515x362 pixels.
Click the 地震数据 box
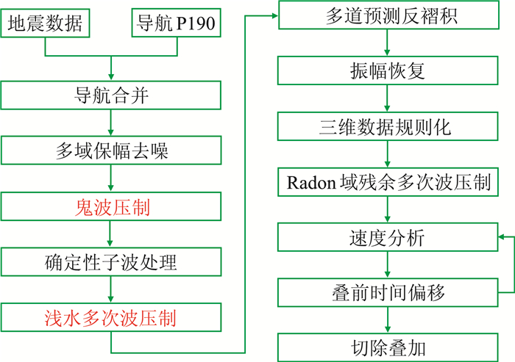point(45,24)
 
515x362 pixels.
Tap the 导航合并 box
point(111,95)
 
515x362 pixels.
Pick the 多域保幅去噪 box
point(111,151)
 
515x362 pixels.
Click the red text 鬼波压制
point(111,207)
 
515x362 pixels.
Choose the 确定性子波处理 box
point(111,262)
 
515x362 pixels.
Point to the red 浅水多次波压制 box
point(111,318)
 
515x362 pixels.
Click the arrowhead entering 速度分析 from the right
point(500,237)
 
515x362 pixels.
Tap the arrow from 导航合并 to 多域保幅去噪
point(111,123)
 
